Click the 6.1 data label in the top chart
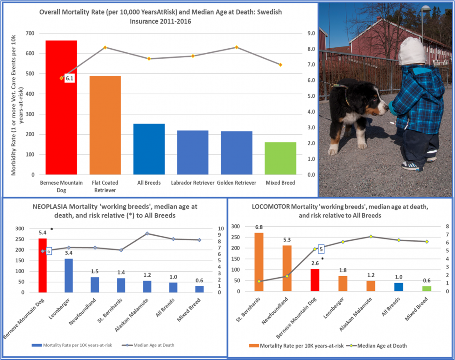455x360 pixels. [69, 78]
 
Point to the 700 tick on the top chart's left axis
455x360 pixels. [30, 33]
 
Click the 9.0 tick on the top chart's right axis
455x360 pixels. [311, 33]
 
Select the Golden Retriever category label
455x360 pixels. [237, 183]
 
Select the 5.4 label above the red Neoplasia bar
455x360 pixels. [43, 232]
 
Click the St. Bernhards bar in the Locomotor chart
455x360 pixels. [258, 262]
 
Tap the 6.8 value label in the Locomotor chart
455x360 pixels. [258, 227]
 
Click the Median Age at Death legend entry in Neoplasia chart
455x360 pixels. [150, 345]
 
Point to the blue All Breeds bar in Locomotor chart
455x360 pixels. [399, 287]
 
